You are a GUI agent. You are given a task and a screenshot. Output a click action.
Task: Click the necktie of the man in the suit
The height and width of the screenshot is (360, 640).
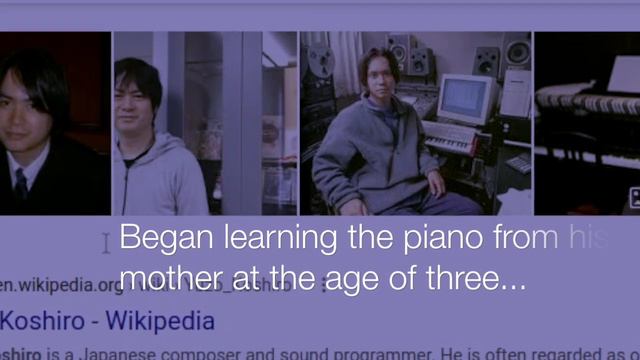20,184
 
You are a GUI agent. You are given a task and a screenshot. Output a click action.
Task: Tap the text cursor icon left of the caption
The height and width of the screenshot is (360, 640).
107,243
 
